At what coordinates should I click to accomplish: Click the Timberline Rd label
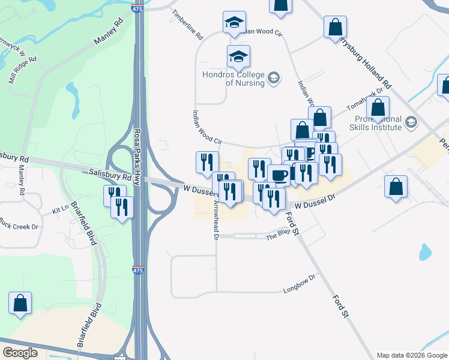click(x=187, y=24)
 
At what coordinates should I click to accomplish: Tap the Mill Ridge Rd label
click(x=22, y=71)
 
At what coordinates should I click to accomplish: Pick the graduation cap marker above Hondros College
click(x=238, y=56)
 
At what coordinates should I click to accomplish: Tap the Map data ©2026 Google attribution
click(x=412, y=355)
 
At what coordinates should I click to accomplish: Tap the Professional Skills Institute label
click(x=378, y=123)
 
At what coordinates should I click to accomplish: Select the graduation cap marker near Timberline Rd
click(x=234, y=23)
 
